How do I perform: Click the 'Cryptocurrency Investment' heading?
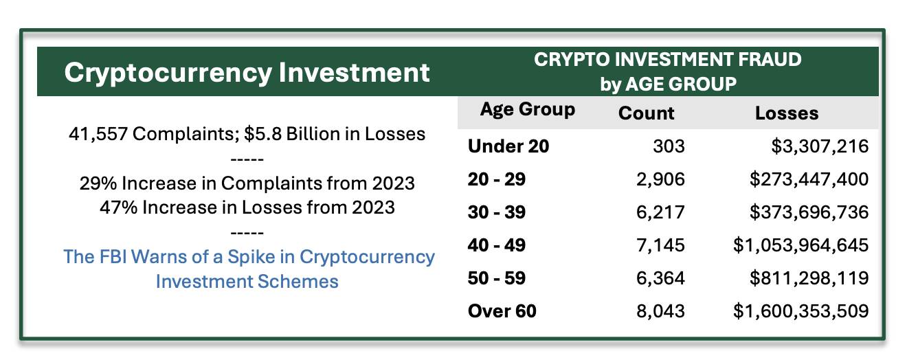pyautogui.click(x=247, y=73)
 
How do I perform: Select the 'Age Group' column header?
pyautogui.click(x=528, y=109)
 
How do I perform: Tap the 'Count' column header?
pyautogui.click(x=646, y=113)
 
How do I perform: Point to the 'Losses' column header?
pyautogui.click(x=787, y=113)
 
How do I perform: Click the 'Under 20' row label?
pyautogui.click(x=508, y=146)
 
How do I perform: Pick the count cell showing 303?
pyautogui.click(x=669, y=146)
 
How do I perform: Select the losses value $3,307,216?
pyautogui.click(x=820, y=146)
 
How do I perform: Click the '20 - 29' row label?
pyautogui.click(x=496, y=179)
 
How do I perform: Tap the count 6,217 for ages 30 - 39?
pyautogui.click(x=660, y=212)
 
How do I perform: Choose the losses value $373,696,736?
pyautogui.click(x=809, y=212)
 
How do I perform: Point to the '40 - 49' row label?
pyautogui.click(x=496, y=245)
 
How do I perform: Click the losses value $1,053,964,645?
pyautogui.click(x=801, y=245)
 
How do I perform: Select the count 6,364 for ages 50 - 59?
pyautogui.click(x=660, y=278)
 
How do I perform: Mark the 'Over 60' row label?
pyautogui.click(x=502, y=311)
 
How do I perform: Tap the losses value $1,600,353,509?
pyautogui.click(x=801, y=311)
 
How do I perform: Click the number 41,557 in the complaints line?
pyautogui.click(x=98, y=134)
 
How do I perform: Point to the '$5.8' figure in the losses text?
pyautogui.click(x=262, y=134)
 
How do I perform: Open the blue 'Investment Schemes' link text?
pyautogui.click(x=247, y=282)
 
